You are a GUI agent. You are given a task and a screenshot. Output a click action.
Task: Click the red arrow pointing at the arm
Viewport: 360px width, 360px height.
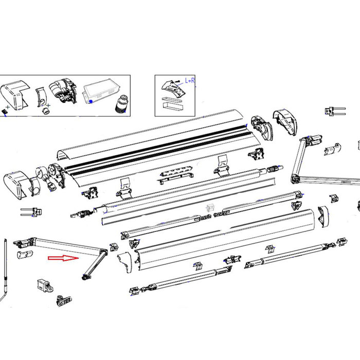62,259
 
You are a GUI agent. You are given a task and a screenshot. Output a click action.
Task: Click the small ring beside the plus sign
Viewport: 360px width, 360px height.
45,111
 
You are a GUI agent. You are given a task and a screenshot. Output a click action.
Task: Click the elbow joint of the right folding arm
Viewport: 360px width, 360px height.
296,178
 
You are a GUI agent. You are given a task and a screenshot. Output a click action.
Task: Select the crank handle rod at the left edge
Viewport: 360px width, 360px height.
5,273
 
